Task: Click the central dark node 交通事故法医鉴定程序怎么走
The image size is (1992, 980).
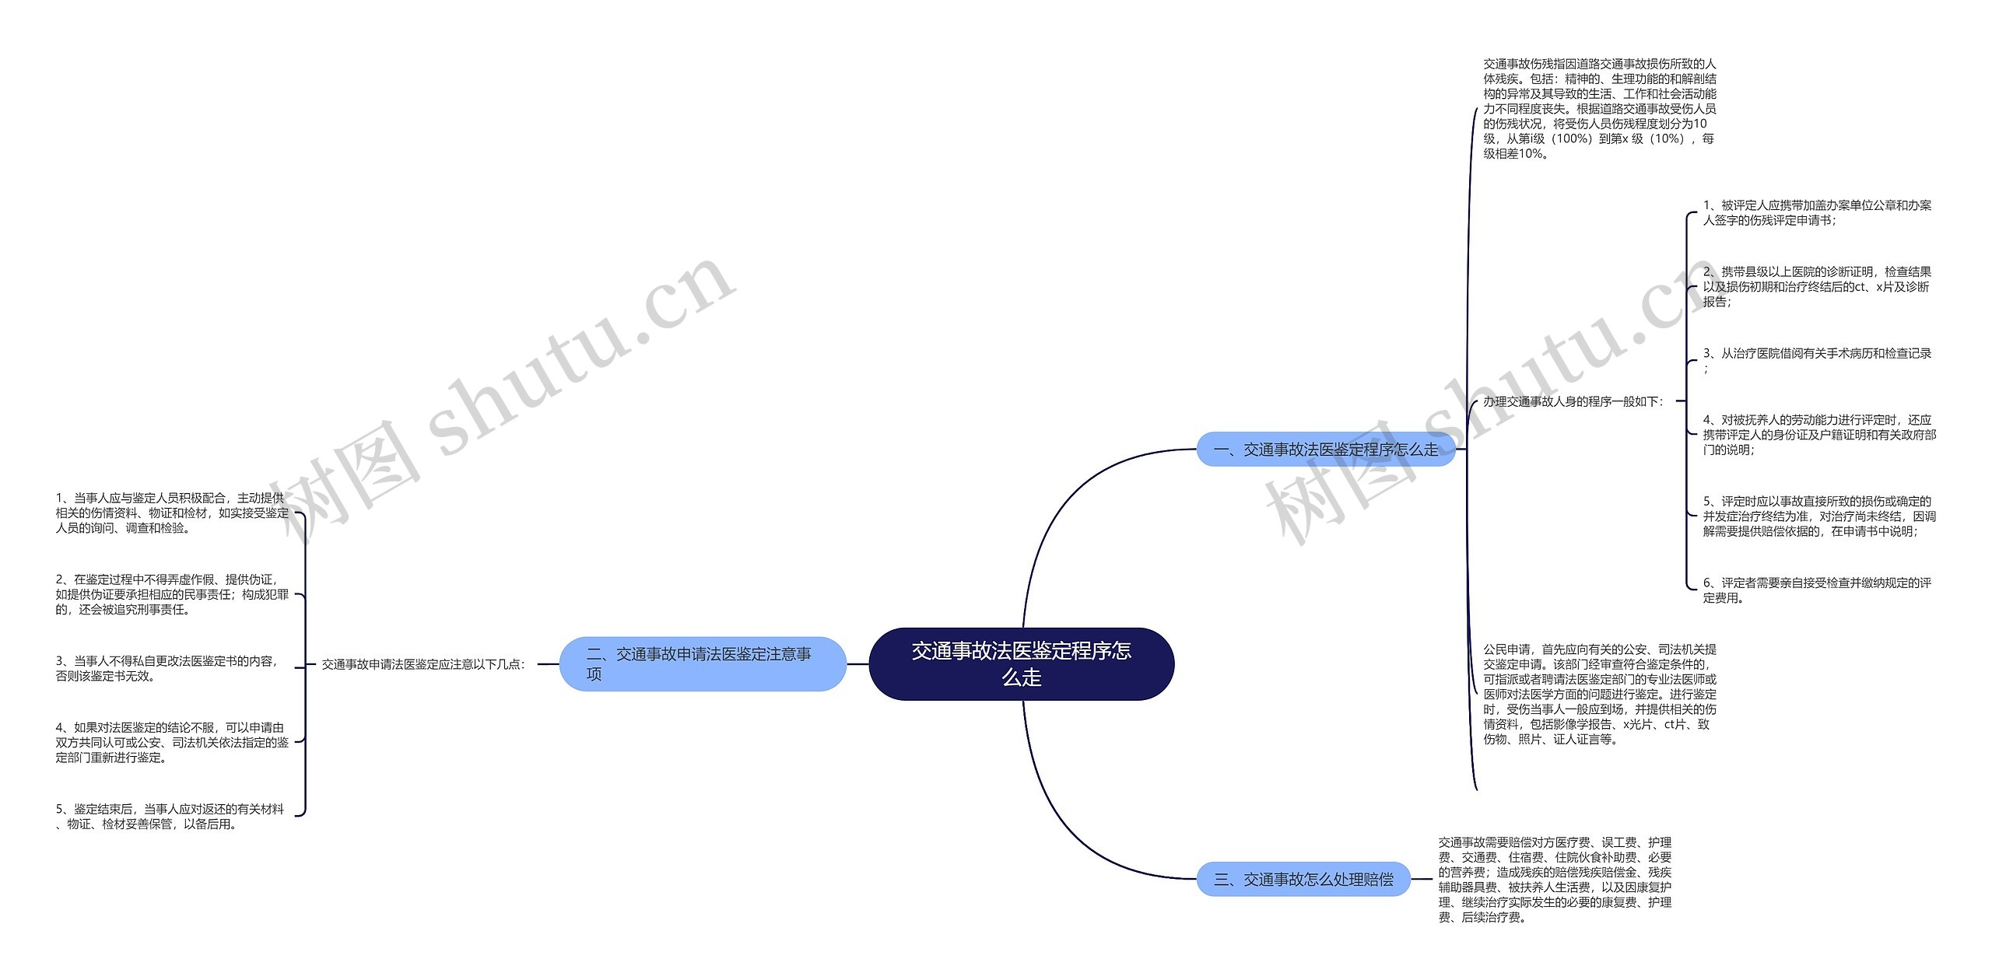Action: pos(1021,663)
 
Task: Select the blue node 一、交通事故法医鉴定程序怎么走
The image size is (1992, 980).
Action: pos(1325,450)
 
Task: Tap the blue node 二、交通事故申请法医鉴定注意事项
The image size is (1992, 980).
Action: pos(702,663)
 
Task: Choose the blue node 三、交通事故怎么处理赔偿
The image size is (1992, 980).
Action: pos(1303,879)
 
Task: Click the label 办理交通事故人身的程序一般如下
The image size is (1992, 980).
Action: pos(1573,401)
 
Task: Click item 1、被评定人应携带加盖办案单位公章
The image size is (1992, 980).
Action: pos(1816,212)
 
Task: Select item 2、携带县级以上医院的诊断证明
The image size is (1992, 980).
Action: pos(1816,286)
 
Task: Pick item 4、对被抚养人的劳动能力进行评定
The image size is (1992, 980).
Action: pos(1818,434)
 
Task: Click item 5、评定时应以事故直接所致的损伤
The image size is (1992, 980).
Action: pos(1818,516)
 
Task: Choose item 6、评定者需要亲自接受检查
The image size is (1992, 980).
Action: pos(1816,590)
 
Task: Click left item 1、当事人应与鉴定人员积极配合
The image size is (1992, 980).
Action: pos(171,513)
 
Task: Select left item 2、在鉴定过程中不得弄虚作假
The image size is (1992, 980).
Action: pos(171,594)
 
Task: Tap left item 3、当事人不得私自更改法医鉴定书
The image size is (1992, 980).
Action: pos(167,668)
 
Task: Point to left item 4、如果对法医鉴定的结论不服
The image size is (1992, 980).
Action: pos(171,742)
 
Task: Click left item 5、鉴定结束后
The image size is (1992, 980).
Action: pos(170,816)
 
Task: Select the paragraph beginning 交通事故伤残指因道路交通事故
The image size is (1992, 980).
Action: pos(1599,108)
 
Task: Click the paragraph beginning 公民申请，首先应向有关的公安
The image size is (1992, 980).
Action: pos(1599,694)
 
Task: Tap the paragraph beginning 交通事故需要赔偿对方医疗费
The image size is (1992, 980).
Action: pos(1554,879)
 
